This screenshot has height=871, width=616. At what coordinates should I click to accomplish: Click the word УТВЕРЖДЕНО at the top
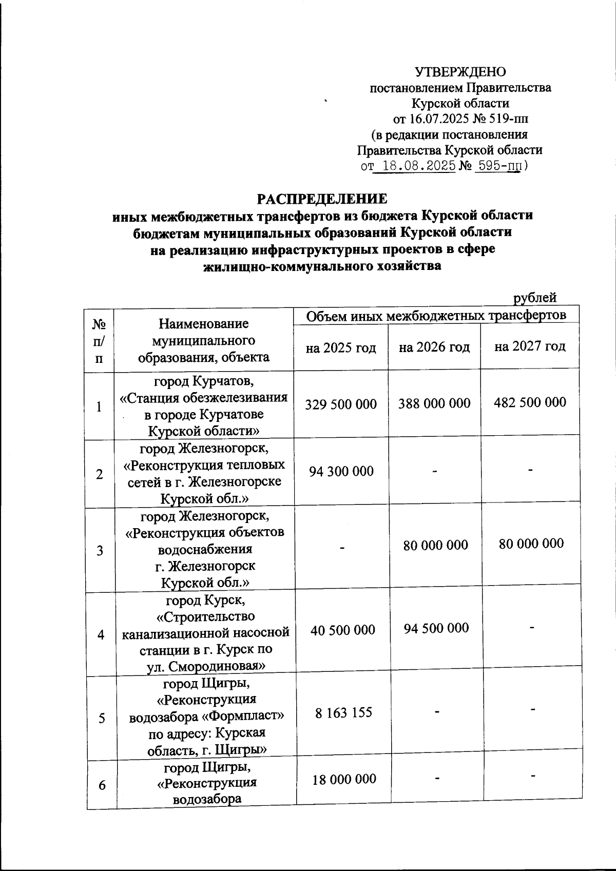[x=460, y=71]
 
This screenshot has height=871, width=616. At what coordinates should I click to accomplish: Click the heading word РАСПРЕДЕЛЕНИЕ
[x=322, y=199]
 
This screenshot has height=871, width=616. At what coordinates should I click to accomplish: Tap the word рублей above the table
[x=535, y=297]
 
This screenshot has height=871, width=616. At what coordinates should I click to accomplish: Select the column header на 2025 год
[x=341, y=348]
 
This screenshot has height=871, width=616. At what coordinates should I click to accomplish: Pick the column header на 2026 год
[x=434, y=347]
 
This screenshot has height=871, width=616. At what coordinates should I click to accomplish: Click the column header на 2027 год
[x=530, y=346]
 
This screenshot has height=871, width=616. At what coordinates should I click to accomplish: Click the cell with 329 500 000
[x=341, y=404]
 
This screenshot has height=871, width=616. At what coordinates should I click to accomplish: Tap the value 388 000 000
[x=434, y=403]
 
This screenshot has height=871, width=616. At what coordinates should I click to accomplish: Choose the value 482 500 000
[x=530, y=402]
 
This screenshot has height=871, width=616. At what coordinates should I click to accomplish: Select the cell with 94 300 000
[x=341, y=471]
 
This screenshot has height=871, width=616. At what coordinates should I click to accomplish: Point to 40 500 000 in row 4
[x=342, y=630]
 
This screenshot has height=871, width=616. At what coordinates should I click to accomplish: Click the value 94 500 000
[x=436, y=628]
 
